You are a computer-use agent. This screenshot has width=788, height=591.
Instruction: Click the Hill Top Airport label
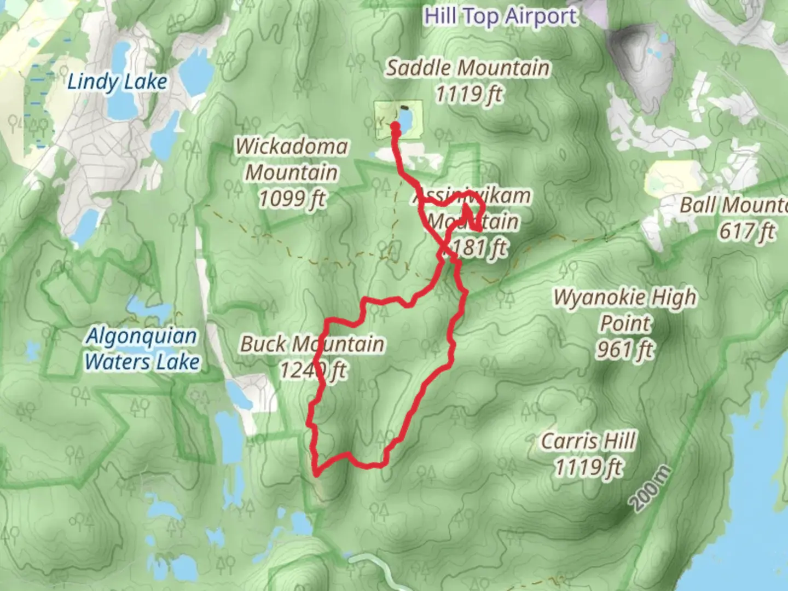point(500,16)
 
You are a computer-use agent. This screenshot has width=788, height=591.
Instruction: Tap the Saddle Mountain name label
point(468,68)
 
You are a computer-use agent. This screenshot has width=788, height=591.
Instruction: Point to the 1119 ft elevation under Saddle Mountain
point(469,94)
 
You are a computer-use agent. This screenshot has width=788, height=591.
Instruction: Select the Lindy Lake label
point(117,82)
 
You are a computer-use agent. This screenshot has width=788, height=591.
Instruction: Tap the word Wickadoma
point(292,147)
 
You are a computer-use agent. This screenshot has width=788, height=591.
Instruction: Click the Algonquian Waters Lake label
point(142,349)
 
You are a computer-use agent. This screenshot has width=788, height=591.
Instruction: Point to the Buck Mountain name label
point(312,344)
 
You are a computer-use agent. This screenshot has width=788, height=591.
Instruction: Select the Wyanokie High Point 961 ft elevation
point(625,349)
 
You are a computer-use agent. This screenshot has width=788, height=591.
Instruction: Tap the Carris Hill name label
point(589,441)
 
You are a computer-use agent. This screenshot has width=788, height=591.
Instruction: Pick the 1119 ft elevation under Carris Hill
point(589,467)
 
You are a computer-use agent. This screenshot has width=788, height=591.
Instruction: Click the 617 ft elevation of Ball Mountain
point(746,231)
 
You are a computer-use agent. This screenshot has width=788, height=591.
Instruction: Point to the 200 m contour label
point(650,489)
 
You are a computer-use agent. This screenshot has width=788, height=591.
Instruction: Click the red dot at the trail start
point(395,126)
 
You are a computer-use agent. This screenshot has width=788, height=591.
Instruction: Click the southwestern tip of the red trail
point(316,473)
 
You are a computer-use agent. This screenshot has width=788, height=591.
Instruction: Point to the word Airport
point(541,16)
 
